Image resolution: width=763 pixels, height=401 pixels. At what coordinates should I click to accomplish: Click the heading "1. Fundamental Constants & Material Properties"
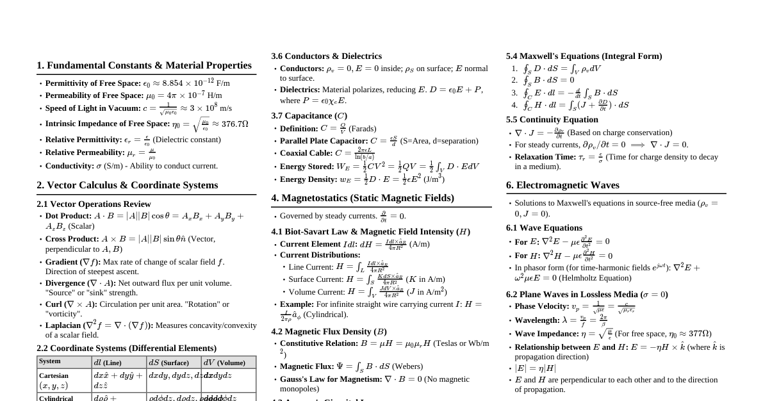144,65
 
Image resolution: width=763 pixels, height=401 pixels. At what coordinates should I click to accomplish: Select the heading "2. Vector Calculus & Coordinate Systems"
127,185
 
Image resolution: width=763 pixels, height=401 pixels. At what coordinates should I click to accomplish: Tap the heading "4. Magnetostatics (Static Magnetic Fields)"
363,198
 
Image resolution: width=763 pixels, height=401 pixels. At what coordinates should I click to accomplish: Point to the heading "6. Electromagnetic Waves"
562,185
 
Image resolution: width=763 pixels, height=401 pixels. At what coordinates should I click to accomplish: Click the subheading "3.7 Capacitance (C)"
309,116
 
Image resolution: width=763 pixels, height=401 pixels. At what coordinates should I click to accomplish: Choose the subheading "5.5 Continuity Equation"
552,120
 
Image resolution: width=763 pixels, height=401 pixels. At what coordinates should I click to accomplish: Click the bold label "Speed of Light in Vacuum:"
93,108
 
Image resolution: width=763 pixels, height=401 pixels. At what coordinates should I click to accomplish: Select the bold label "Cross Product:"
72,239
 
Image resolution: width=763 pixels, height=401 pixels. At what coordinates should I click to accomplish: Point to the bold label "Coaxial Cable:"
306,153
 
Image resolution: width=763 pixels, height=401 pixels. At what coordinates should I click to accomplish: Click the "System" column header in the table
50,362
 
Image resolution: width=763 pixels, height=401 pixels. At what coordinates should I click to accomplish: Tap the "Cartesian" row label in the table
54,376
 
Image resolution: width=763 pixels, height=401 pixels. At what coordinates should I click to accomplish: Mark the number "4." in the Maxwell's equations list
514,105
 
